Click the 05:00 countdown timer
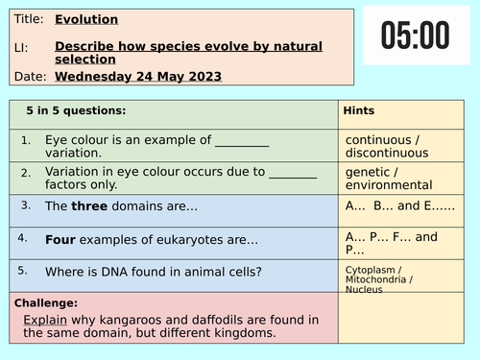point(415,36)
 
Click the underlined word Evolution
point(86,19)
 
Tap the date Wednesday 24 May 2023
point(138,77)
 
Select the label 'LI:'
point(20,46)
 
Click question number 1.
point(26,140)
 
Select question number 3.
point(26,204)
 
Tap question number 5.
point(26,270)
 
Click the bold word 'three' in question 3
point(89,205)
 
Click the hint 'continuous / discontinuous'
point(385,147)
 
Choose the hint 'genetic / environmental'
point(385,179)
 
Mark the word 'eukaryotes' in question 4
point(180,237)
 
